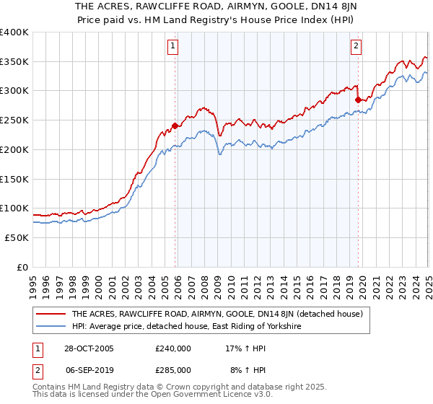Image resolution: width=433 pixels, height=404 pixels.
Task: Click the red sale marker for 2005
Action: click(x=175, y=125)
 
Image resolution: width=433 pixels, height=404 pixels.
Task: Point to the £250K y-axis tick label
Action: click(x=14, y=120)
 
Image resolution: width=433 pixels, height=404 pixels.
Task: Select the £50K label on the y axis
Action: click(x=17, y=237)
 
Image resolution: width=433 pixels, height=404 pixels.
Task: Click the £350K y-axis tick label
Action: click(x=14, y=61)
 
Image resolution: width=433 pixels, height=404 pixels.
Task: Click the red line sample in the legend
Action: click(x=51, y=314)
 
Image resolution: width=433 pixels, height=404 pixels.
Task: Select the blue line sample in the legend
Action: click(x=51, y=327)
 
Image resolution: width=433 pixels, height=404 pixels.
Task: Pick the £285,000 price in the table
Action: click(x=173, y=369)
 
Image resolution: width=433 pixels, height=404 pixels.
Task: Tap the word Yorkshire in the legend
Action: click(x=278, y=327)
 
